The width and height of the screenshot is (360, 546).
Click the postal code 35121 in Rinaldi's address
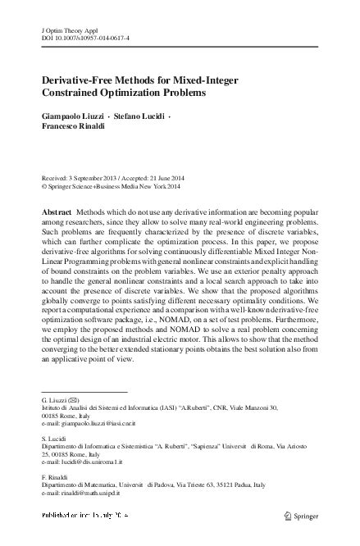[245, 485]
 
